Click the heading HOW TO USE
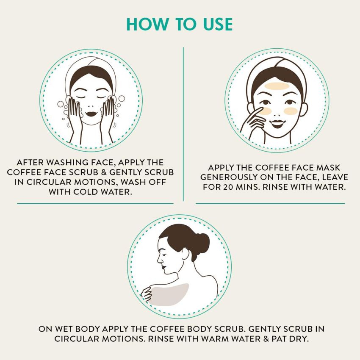(180, 24)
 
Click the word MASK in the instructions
(328, 168)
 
